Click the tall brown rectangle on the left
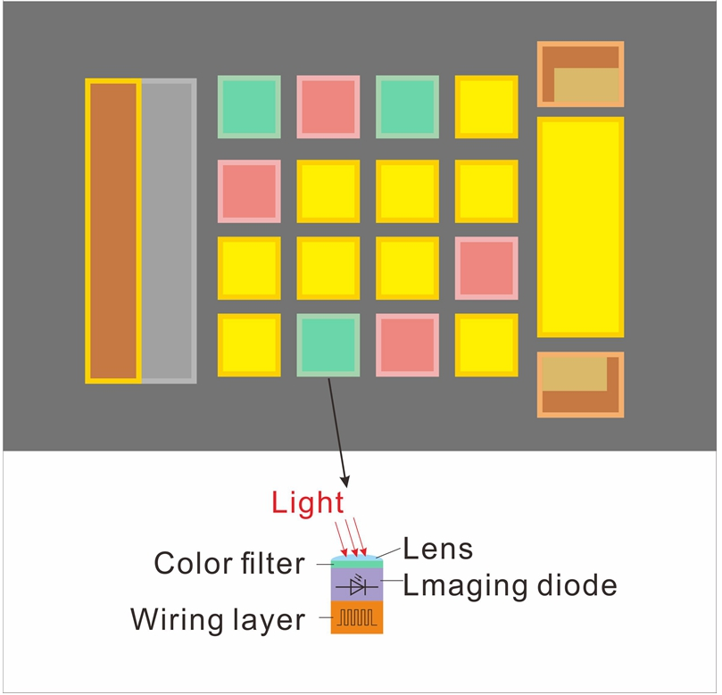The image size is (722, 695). (112, 231)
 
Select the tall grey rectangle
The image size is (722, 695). (168, 231)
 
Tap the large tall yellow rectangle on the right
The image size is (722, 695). (580, 227)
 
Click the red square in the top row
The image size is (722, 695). (328, 107)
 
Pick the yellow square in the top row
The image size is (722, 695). (486, 107)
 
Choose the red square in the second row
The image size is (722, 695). (249, 191)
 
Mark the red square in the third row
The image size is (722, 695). (486, 268)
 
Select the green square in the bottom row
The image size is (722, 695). (328, 344)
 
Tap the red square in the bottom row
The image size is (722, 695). (407, 344)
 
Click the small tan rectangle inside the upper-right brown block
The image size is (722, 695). (586, 87)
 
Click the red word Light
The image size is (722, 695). (308, 503)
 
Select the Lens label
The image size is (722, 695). (438, 548)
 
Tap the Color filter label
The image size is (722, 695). (228, 563)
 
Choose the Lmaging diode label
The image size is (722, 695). (510, 585)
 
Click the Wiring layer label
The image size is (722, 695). (218, 619)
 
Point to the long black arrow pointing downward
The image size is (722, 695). (338, 428)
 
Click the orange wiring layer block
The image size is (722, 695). (357, 616)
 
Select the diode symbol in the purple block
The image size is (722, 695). (357, 585)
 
